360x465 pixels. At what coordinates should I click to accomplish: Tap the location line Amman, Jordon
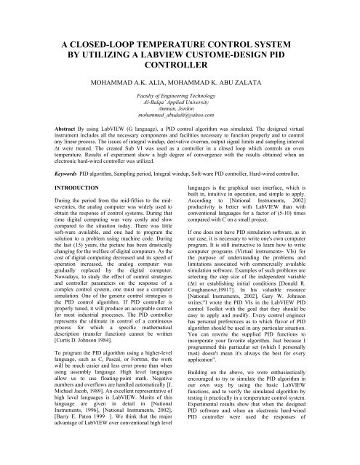point(180,127)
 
